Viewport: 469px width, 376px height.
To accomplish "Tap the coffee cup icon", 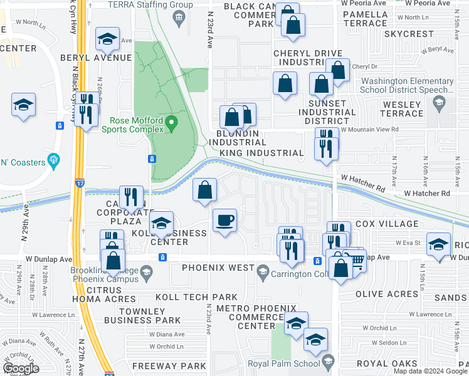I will (224, 220).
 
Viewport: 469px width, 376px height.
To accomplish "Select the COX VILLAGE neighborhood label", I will (386, 224).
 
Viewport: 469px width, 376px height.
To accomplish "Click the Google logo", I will (21, 368).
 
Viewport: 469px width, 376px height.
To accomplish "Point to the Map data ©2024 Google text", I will (430, 371).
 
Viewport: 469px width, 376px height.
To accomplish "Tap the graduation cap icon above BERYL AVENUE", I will (108, 39).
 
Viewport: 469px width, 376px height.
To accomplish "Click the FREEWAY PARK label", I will (169, 365).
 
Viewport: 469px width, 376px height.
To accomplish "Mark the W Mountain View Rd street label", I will (365, 130).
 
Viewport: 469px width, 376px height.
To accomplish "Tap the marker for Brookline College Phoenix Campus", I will (146, 271).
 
